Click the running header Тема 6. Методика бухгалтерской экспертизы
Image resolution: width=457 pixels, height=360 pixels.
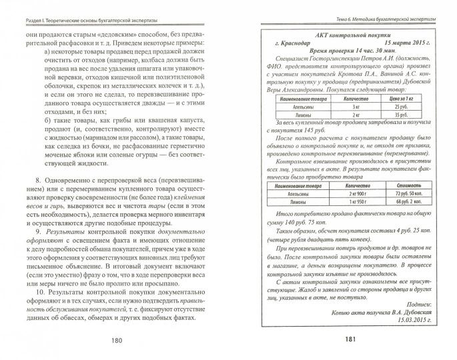pos(387,7)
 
